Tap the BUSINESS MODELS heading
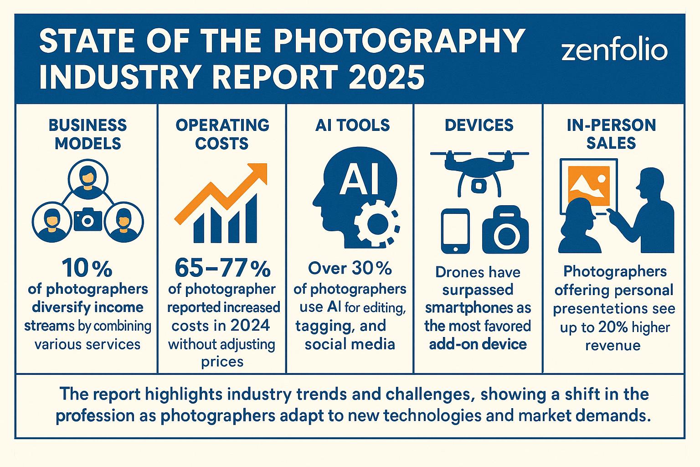coord(87,134)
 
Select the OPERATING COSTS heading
coord(222,134)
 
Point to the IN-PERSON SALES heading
coord(611,134)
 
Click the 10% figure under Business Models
coord(87,269)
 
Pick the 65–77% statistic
coord(222,269)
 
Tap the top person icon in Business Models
coord(87,179)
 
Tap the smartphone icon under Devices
coord(455,231)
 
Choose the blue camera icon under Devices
coord(505,232)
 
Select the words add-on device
coord(478,344)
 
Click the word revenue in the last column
coord(612,345)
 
